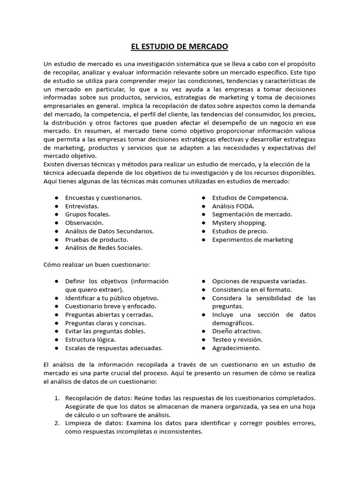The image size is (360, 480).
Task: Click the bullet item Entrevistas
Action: pyautogui.click(x=82, y=206)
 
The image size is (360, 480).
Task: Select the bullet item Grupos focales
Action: pyautogui.click(x=88, y=214)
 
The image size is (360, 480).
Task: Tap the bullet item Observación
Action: pyautogui.click(x=84, y=223)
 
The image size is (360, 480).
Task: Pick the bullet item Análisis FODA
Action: pyautogui.click(x=233, y=206)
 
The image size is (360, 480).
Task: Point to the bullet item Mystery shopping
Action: pyautogui.click(x=239, y=223)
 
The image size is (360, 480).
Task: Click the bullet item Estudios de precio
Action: pyautogui.click(x=240, y=231)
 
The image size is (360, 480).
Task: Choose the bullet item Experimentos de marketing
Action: pyautogui.click(x=253, y=240)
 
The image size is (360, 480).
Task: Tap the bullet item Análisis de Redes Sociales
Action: pyautogui.click(x=104, y=247)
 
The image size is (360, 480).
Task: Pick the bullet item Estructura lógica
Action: pyautogui.click(x=90, y=339)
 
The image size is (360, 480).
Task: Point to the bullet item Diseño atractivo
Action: pyautogui.click(x=237, y=331)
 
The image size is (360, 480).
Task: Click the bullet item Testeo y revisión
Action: pyautogui.click(x=237, y=339)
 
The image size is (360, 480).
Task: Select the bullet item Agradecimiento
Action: pyautogui.click(x=236, y=348)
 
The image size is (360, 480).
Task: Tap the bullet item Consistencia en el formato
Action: pyautogui.click(x=252, y=290)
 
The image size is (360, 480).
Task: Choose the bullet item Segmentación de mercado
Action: pyautogui.click(x=252, y=214)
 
